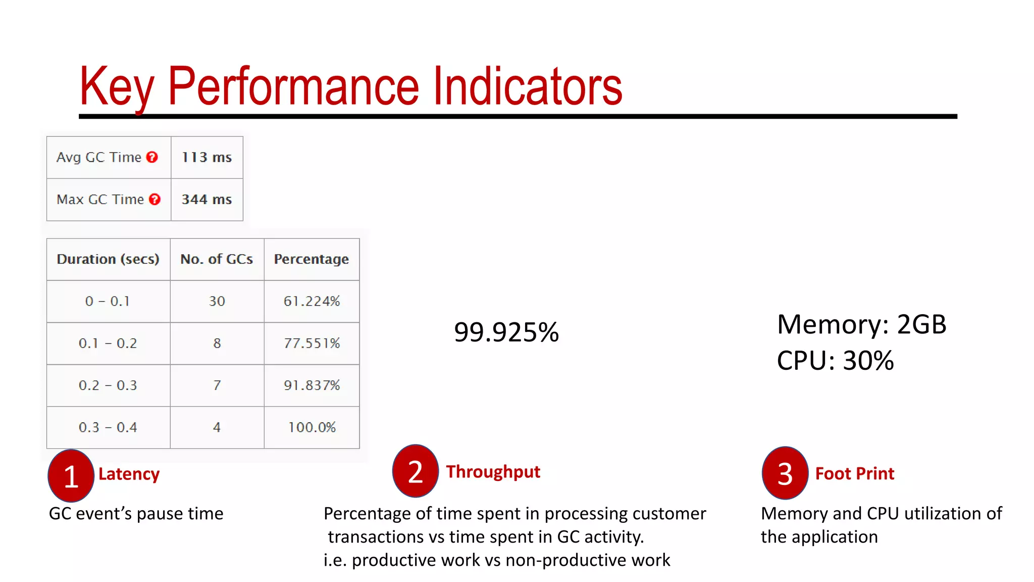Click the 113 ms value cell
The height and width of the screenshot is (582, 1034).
[x=206, y=157]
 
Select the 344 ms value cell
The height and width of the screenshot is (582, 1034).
[x=206, y=200]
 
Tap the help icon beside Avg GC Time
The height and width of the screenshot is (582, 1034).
[x=152, y=157]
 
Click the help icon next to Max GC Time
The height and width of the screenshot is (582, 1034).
[x=154, y=200]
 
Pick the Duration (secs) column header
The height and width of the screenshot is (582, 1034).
[x=108, y=259]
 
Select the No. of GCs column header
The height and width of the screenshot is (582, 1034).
[x=217, y=259]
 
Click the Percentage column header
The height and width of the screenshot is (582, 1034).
[x=311, y=259]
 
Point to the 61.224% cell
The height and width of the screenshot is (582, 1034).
[x=312, y=301]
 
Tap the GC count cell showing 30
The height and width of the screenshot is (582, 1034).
[x=217, y=301]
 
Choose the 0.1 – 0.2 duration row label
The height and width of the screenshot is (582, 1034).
[x=108, y=344]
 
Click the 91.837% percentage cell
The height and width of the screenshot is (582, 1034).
[x=312, y=385]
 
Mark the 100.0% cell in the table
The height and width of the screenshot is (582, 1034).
[x=312, y=427]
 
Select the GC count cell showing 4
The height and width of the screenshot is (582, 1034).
[x=217, y=427]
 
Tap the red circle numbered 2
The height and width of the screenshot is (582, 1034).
[x=415, y=471]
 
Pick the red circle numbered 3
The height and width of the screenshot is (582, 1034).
[x=785, y=473]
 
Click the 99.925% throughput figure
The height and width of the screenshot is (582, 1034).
[x=506, y=332]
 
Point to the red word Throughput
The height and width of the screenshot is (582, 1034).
[x=493, y=472]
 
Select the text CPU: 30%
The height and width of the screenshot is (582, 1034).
[x=835, y=361]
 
